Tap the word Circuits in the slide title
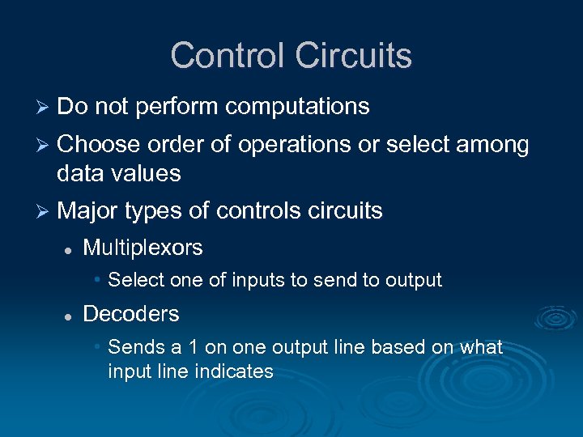click(x=354, y=56)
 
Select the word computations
click(x=297, y=107)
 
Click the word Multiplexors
click(x=143, y=248)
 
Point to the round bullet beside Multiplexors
click(x=70, y=249)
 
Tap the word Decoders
click(x=130, y=314)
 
